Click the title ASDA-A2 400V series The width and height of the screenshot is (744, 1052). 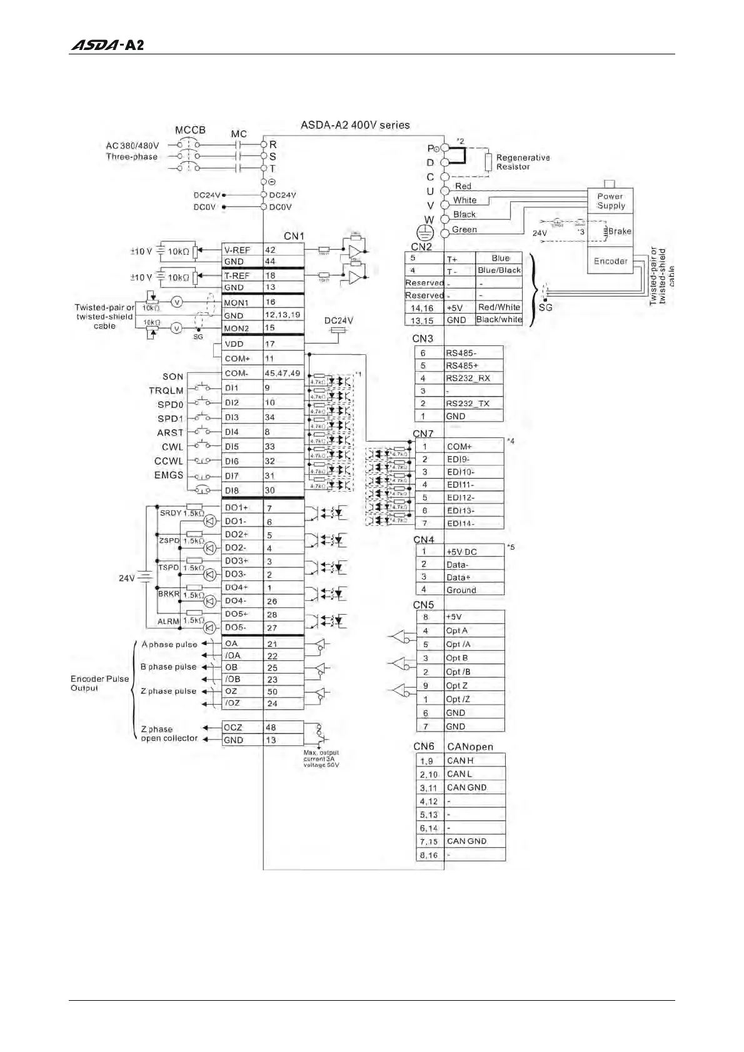coord(355,125)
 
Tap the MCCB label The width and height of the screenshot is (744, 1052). coord(190,130)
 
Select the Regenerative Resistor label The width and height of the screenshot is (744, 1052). coord(523,162)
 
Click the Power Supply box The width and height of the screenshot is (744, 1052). coord(610,201)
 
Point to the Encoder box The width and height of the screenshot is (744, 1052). coord(610,261)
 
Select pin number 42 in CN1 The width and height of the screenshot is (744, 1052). coord(270,250)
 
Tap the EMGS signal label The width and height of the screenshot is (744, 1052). coord(169,475)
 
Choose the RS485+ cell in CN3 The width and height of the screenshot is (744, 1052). coord(473,365)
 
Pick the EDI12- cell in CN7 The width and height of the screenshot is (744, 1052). coord(473,498)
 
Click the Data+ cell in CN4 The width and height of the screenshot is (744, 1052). coord(473,577)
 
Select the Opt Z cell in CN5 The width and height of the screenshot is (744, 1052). coord(473,686)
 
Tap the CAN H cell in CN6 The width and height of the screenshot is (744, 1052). coord(473,761)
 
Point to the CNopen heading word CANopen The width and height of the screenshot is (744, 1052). coord(470,747)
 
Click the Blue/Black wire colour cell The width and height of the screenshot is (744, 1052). coord(499,270)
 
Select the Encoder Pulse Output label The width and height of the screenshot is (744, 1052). coord(99,683)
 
